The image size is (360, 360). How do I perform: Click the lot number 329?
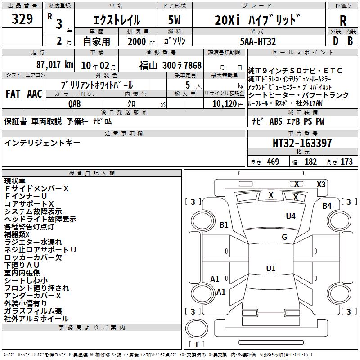[22, 19]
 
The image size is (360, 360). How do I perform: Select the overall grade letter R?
[343, 20]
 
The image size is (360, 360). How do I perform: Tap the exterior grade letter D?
[335, 40]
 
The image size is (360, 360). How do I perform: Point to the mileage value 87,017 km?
[55, 64]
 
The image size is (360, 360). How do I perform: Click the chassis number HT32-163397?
[302, 144]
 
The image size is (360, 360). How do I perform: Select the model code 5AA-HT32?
[258, 41]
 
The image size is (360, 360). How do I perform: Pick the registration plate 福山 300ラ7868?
[170, 65]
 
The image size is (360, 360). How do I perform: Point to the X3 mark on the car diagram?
[321, 184]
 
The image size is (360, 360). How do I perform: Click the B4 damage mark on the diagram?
[327, 206]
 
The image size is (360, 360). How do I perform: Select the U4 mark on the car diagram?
[291, 216]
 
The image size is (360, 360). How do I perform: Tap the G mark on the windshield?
[284, 237]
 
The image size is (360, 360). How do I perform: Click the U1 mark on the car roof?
[270, 269]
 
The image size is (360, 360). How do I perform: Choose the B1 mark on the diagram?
[224, 225]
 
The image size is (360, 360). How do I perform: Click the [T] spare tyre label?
[196, 345]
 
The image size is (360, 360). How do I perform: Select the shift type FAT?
[13, 94]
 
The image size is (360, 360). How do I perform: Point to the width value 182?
[311, 162]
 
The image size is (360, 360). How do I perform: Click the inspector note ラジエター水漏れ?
[33, 242]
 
